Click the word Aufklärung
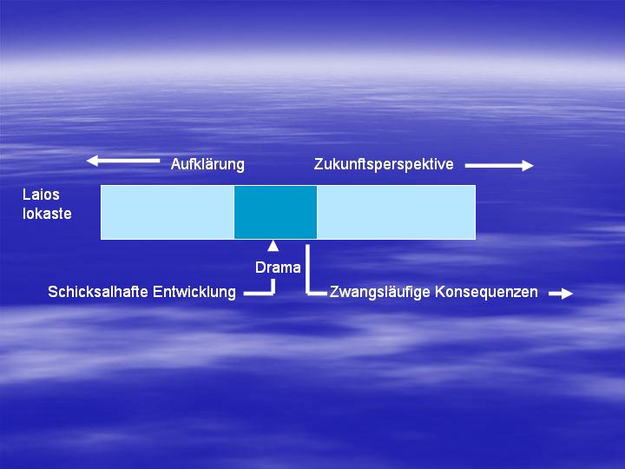[207, 164]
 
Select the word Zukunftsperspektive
[384, 164]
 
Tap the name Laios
[41, 195]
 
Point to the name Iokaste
[47, 214]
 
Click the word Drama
[278, 268]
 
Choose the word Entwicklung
[194, 292]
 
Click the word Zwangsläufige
[380, 292]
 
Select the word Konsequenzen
[486, 292]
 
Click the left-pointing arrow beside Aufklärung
[122, 161]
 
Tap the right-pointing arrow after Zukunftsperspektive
[499, 165]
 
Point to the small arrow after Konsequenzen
[561, 294]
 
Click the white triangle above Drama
[273, 246]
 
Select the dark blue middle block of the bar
[275, 212]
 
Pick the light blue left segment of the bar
[168, 212]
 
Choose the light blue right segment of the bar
[396, 212]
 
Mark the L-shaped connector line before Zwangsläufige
[307, 279]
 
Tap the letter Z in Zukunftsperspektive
[318, 164]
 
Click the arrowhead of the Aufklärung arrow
[92, 161]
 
